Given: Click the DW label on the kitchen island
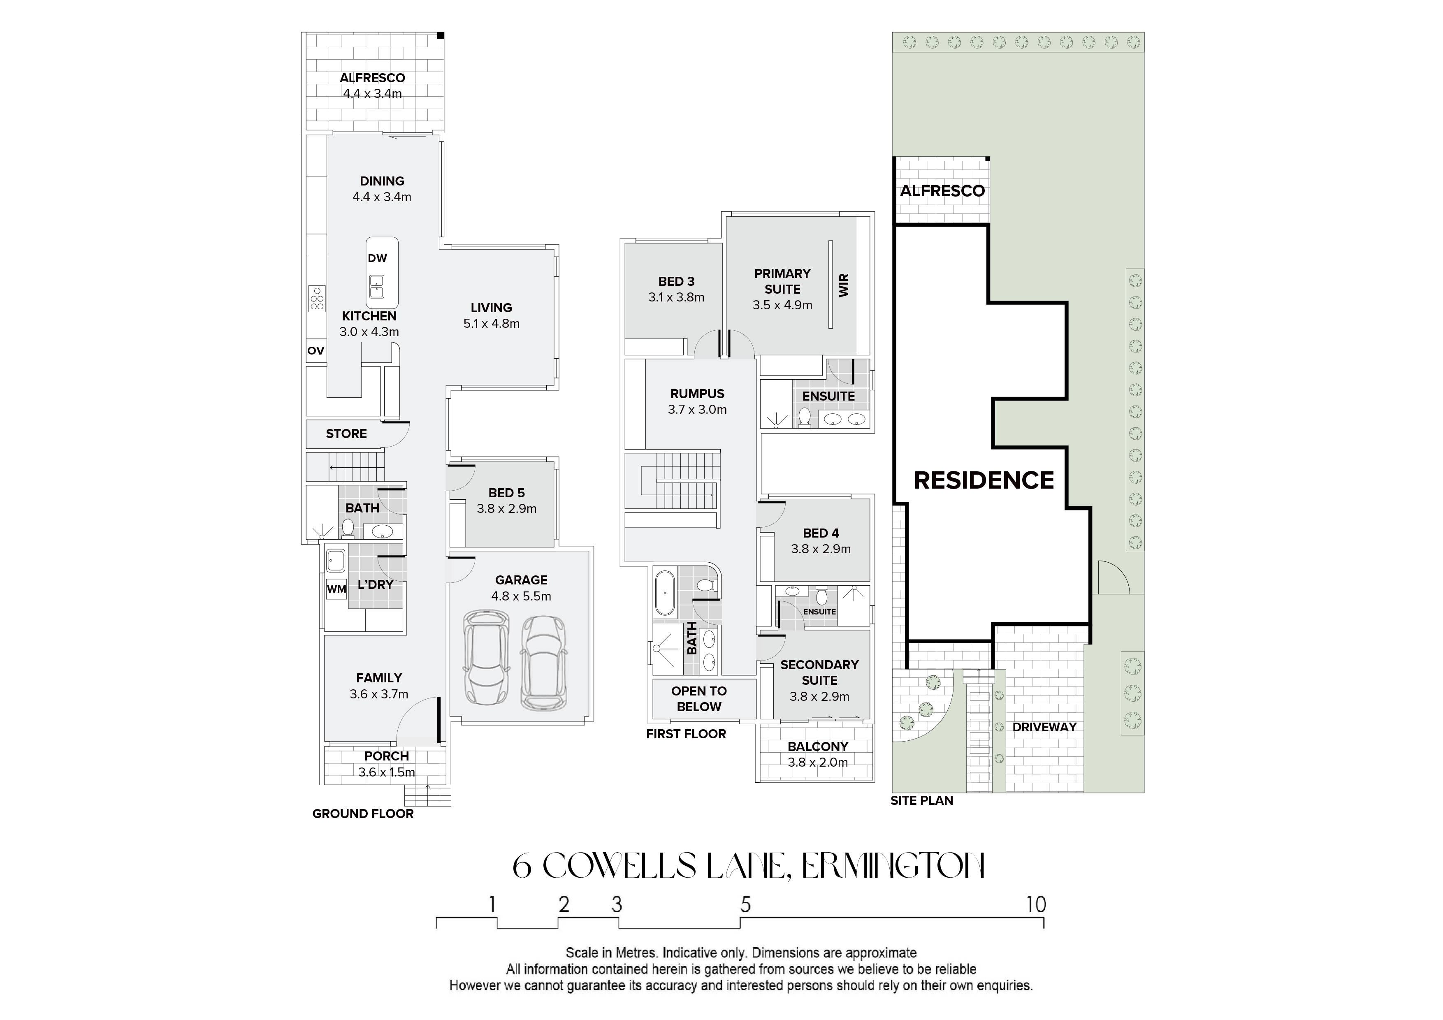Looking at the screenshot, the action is (x=377, y=258).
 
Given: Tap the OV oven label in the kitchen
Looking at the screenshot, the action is (x=316, y=351).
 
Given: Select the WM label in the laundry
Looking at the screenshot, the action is (x=336, y=589).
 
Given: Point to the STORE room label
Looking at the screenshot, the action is (x=346, y=433).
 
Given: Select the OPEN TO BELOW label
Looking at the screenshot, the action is (x=699, y=698).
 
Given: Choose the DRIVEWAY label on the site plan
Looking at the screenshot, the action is (x=1044, y=727).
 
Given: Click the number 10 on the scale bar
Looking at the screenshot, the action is (x=1036, y=905).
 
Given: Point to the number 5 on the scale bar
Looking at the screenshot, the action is (x=745, y=905).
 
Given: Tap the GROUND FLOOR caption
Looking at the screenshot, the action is (x=363, y=814).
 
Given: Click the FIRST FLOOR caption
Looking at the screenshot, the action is (x=686, y=734).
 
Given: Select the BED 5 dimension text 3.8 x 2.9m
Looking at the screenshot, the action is (x=506, y=509).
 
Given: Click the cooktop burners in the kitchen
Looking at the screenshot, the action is (x=316, y=299).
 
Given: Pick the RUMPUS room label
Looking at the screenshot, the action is (x=697, y=394).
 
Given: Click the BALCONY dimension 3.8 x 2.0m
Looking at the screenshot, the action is (x=818, y=763).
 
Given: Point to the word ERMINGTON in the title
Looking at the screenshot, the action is (x=893, y=866).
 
